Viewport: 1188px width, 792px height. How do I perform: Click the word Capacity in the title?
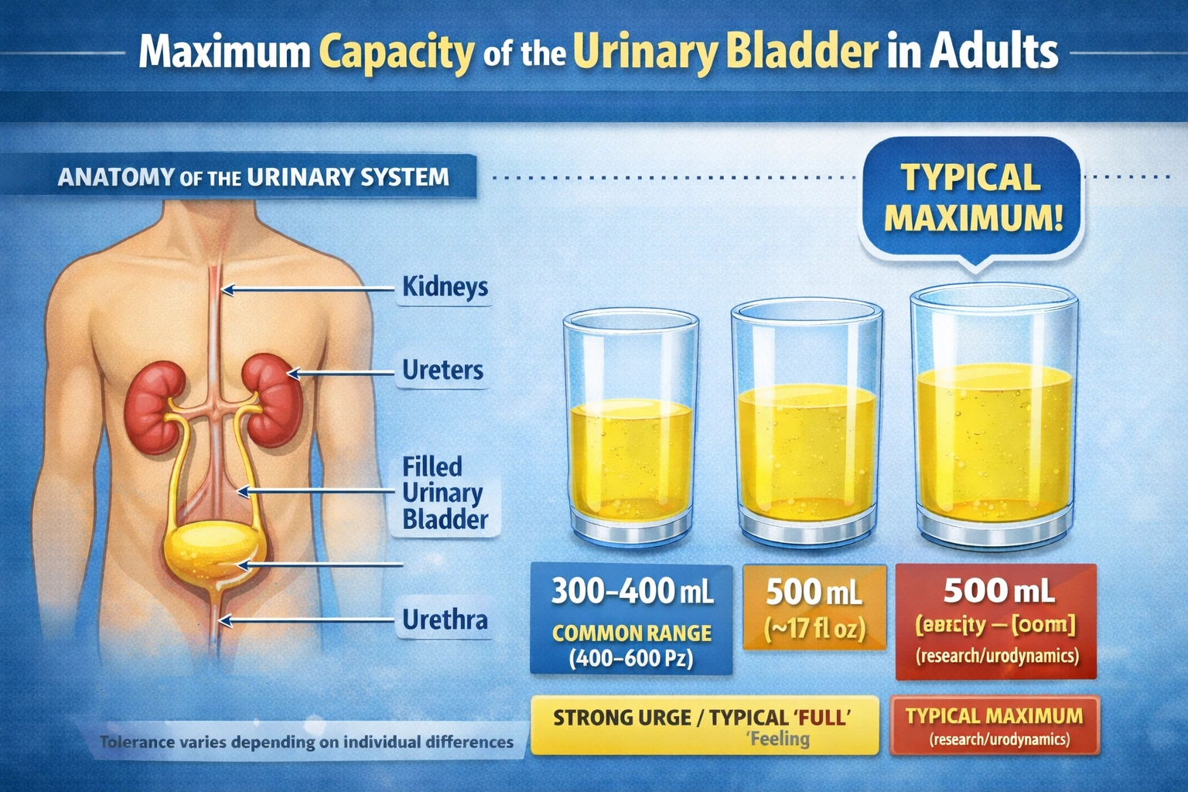pyautogui.click(x=396, y=53)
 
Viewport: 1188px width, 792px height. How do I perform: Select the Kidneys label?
pyautogui.click(x=445, y=287)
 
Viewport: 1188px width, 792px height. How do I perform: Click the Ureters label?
pyautogui.click(x=442, y=370)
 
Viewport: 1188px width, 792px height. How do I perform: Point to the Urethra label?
pyautogui.click(x=445, y=620)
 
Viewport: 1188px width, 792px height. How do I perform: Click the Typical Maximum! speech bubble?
pyautogui.click(x=973, y=198)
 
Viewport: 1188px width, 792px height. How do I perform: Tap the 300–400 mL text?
pyautogui.click(x=632, y=592)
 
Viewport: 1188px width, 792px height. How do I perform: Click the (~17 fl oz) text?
pyautogui.click(x=814, y=629)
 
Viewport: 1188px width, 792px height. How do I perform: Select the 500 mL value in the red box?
pyautogui.click(x=998, y=592)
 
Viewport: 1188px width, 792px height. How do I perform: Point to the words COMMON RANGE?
pyautogui.click(x=632, y=633)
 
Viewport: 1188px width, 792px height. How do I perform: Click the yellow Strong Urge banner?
pyautogui.click(x=704, y=725)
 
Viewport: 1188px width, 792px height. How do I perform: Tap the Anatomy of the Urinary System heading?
pyautogui.click(x=253, y=177)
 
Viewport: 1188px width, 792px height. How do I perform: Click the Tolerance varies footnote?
pyautogui.click(x=306, y=742)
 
